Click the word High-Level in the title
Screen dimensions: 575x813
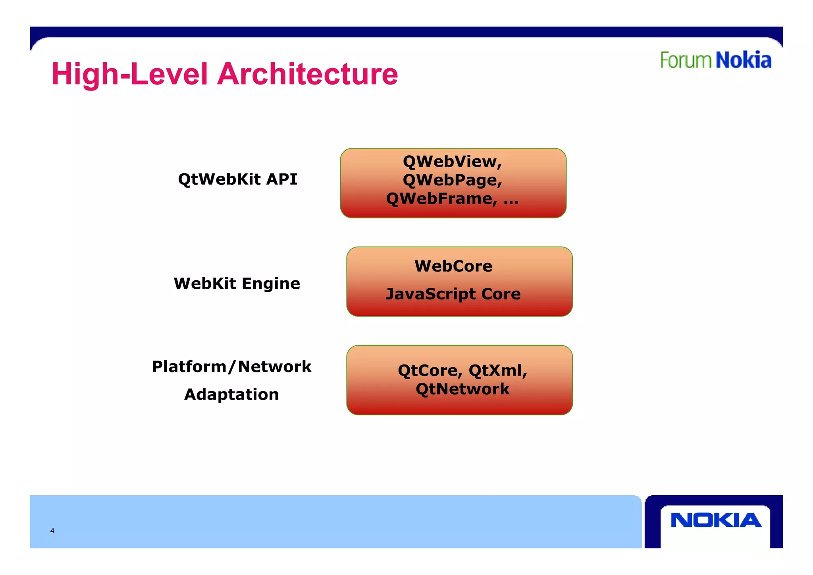130,75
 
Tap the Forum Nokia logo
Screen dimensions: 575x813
715,60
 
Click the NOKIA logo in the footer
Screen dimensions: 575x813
716,520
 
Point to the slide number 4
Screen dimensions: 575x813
52,531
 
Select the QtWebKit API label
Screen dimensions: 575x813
237,179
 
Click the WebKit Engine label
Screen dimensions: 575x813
237,284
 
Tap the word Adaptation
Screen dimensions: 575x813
231,394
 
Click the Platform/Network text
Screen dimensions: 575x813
231,367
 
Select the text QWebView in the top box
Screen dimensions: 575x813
450,161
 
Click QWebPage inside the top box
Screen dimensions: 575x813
450,180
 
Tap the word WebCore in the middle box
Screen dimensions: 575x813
453,266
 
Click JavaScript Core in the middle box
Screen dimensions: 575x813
453,294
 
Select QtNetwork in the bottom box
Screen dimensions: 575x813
462,389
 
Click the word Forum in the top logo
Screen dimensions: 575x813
686,61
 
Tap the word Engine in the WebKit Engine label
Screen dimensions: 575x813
271,284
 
